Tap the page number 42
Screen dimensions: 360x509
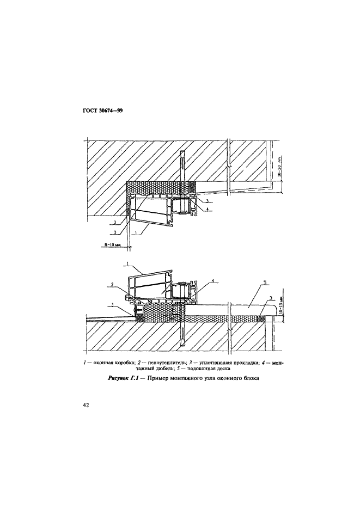[87, 405]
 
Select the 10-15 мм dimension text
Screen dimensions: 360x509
[282, 302]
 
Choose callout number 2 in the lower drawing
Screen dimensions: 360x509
[112, 284]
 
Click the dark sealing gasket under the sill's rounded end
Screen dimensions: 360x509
[261, 318]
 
